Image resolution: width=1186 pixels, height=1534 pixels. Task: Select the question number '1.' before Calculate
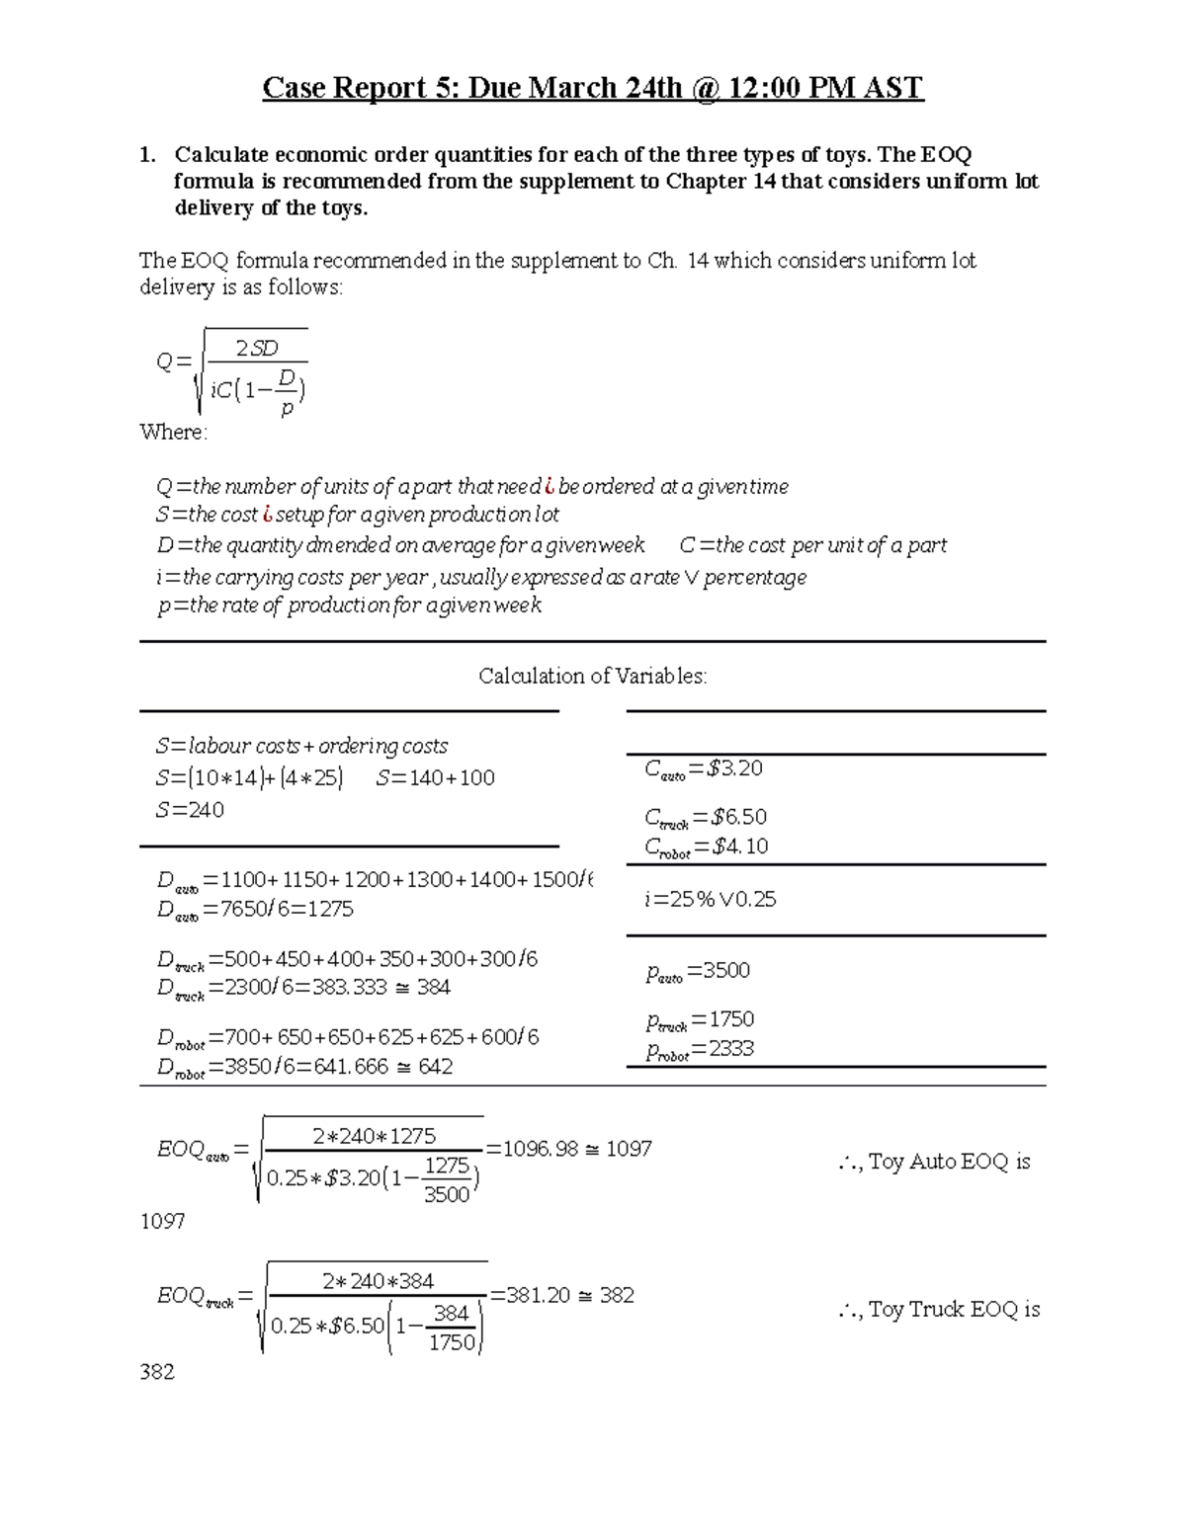pyautogui.click(x=147, y=155)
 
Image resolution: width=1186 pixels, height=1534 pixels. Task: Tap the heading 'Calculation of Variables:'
pyautogui.click(x=592, y=677)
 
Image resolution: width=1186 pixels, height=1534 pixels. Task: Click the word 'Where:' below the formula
pyautogui.click(x=174, y=433)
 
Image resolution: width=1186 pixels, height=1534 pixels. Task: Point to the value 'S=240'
pyautogui.click(x=190, y=810)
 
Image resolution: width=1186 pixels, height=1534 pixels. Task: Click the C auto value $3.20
pyautogui.click(x=735, y=769)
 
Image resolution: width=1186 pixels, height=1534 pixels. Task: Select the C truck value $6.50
pyautogui.click(x=739, y=817)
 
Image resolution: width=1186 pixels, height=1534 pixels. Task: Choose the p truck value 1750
pyautogui.click(x=731, y=1019)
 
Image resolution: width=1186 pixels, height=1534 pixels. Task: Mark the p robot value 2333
pyautogui.click(x=731, y=1049)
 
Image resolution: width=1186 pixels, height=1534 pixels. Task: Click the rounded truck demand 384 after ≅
pyautogui.click(x=433, y=987)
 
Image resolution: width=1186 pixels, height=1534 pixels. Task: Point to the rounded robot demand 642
pyautogui.click(x=435, y=1067)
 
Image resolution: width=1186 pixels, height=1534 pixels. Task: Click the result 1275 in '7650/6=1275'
pyautogui.click(x=329, y=909)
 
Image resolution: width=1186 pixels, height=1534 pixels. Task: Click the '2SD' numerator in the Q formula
pyautogui.click(x=257, y=348)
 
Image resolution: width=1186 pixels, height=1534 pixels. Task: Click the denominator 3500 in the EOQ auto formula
pyautogui.click(x=446, y=1194)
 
